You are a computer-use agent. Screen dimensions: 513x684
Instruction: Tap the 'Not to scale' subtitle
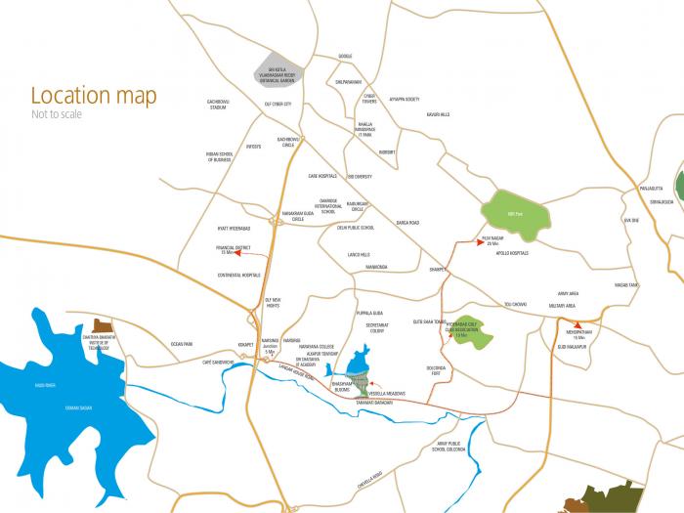tap(57, 114)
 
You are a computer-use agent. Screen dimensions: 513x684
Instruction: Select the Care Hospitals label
tap(321, 177)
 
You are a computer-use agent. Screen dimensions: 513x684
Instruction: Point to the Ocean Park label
tap(182, 344)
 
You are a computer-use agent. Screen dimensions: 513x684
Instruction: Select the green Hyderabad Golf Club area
tap(474, 333)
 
